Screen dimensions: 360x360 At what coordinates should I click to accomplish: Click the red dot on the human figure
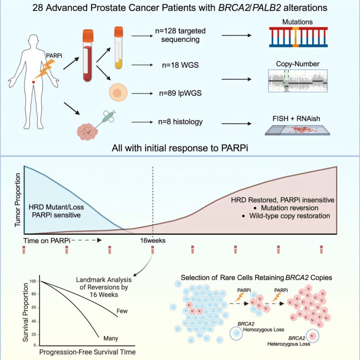tap(33, 82)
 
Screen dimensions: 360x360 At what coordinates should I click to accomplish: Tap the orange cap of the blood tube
tap(88, 36)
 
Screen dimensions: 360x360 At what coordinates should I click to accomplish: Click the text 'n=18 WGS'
tap(180, 65)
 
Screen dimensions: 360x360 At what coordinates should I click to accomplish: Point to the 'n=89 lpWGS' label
tap(180, 93)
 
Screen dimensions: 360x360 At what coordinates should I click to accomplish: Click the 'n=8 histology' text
tap(180, 121)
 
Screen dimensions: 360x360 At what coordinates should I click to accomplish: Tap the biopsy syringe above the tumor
tap(105, 118)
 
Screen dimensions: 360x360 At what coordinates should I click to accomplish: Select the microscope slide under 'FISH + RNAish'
tap(297, 130)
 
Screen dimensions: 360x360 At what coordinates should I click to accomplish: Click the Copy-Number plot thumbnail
tap(297, 81)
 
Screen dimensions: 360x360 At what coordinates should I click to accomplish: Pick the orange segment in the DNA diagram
tap(295, 37)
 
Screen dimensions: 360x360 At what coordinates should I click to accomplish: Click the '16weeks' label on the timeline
tap(153, 240)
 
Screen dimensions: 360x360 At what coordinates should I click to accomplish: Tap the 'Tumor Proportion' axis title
tap(18, 200)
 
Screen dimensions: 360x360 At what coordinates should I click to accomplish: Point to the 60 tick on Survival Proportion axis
tap(34, 308)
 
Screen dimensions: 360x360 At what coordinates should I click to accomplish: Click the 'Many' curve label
tap(111, 339)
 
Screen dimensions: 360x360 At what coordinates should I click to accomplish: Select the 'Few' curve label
tap(122, 311)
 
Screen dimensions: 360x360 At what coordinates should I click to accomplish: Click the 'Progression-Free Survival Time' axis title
tap(88, 352)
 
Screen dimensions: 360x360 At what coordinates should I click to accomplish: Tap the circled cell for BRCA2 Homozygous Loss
tap(236, 333)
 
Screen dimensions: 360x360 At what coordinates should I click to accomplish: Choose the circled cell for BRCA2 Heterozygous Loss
tap(312, 336)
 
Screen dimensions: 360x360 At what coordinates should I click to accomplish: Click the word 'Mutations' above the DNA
tap(297, 22)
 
